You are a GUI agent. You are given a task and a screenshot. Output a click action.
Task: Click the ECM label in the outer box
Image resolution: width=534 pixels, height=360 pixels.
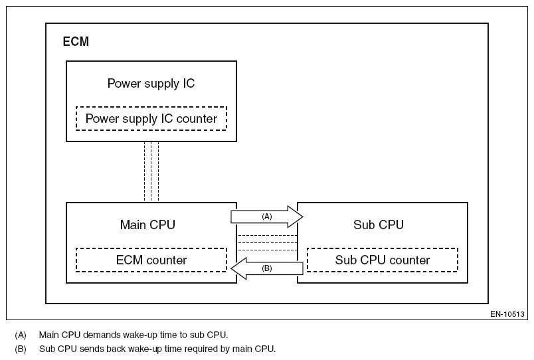click(x=76, y=42)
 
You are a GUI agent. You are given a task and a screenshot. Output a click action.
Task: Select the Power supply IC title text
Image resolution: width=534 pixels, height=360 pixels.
click(x=151, y=84)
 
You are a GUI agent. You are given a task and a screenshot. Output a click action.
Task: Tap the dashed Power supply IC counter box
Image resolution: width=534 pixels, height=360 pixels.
click(x=151, y=119)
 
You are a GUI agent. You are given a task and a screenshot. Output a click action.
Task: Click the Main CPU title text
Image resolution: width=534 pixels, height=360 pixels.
click(x=147, y=225)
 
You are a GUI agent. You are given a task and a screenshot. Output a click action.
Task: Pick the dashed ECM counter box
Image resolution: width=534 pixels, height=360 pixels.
click(x=151, y=260)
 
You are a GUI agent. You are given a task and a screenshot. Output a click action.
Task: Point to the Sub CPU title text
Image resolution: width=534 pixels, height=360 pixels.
click(x=378, y=225)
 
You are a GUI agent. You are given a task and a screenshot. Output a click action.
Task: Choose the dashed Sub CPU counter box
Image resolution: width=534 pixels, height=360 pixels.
click(x=382, y=260)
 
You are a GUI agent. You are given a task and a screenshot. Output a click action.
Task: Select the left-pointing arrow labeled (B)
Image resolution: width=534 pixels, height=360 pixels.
click(x=267, y=268)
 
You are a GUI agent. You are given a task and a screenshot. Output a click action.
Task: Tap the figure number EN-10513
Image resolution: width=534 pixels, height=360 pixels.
click(x=507, y=314)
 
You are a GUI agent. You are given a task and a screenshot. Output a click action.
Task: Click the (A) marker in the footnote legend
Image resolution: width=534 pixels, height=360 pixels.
click(x=21, y=335)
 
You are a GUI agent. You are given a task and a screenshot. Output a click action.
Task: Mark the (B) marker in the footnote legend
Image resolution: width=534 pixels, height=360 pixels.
click(x=21, y=349)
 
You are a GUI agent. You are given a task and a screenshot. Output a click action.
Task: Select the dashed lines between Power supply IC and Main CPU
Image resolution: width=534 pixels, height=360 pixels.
click(x=151, y=171)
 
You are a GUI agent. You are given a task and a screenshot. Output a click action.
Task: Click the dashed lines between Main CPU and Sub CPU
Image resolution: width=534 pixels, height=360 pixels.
click(x=267, y=242)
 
